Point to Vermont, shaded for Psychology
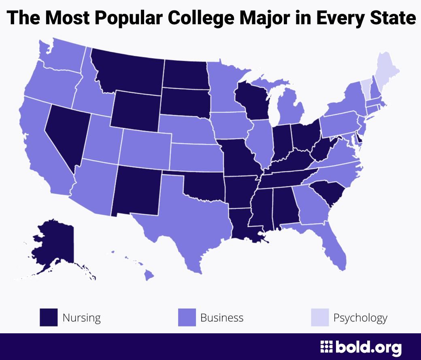pos(366,86)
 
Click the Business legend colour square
pos(187,318)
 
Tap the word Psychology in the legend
pos(360,318)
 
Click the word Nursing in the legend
pos(81,318)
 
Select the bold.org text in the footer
pos(368,347)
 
